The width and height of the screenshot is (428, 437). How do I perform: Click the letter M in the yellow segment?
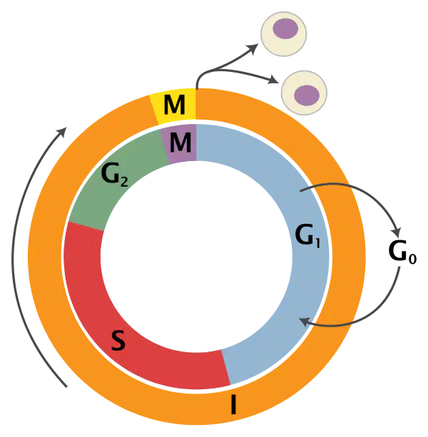(175, 105)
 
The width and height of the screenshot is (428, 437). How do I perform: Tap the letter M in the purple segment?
(180, 143)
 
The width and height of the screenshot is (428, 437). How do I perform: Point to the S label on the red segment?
(118, 340)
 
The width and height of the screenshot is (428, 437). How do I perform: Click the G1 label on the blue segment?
(307, 236)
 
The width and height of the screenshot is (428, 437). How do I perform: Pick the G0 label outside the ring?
(402, 252)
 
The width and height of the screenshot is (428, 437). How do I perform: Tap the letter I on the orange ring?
(234, 404)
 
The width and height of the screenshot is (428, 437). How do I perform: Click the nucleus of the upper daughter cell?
(285, 29)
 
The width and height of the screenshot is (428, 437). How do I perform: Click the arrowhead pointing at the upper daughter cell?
(253, 48)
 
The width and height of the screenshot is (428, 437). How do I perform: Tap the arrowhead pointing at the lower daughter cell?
(273, 80)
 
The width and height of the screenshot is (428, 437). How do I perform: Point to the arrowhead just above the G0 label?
(397, 232)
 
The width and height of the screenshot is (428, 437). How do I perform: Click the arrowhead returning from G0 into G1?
(304, 322)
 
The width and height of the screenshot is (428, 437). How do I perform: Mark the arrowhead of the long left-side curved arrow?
(62, 132)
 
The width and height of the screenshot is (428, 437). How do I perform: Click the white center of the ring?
(196, 257)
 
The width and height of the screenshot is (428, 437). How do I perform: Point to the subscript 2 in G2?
(124, 182)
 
